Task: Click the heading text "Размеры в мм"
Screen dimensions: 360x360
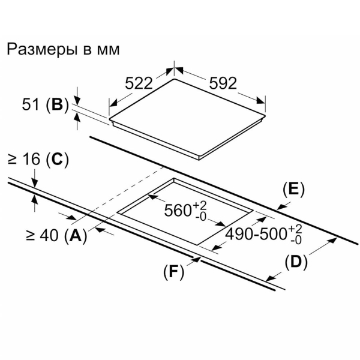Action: (x=63, y=50)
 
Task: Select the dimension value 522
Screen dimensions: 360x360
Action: (x=139, y=83)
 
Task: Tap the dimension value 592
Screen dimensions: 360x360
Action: (x=223, y=83)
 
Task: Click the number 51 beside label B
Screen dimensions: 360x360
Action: (x=30, y=104)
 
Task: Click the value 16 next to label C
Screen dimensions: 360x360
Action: (x=32, y=159)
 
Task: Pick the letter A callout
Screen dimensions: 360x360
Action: (x=76, y=236)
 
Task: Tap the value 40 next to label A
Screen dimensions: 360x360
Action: (x=49, y=236)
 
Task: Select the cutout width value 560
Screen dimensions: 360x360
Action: (x=178, y=211)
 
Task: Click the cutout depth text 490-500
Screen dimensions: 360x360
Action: (x=256, y=235)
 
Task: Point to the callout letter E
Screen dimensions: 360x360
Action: (x=293, y=190)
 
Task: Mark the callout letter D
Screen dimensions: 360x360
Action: (x=296, y=262)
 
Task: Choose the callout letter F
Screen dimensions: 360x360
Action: (x=173, y=272)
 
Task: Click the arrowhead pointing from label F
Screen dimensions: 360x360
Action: (x=197, y=259)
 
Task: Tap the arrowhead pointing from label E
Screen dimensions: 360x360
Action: (x=281, y=206)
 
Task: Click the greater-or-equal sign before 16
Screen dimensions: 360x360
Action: (x=13, y=160)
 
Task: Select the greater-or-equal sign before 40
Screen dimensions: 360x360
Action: (x=30, y=236)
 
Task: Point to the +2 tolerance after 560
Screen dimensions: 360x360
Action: (x=200, y=205)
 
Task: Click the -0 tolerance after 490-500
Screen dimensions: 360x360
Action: (x=295, y=240)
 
